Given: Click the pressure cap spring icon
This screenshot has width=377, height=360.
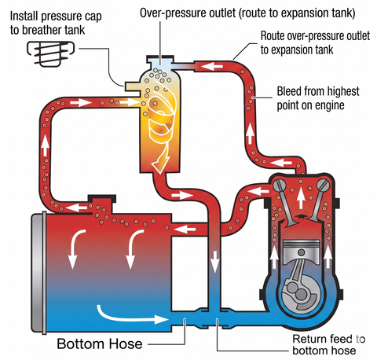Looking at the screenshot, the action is (51, 53).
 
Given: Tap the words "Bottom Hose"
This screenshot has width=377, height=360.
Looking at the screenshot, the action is (100, 343).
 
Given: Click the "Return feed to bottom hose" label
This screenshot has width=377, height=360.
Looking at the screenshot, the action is (329, 344).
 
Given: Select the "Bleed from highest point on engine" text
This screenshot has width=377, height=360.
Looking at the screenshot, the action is (318, 98).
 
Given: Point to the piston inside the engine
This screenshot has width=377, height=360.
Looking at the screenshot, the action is (302, 250).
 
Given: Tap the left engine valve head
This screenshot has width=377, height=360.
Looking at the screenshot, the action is (280, 186).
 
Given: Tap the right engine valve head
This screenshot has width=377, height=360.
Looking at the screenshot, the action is (323, 186).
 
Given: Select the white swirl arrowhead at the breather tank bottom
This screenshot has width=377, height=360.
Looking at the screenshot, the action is (159, 163).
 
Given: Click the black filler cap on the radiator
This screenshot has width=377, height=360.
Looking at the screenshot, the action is (102, 198).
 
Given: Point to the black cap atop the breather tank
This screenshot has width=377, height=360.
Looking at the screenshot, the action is (160, 59).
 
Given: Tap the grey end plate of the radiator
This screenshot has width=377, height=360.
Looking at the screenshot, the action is (38, 273).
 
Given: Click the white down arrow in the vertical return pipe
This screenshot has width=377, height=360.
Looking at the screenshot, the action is (214, 262).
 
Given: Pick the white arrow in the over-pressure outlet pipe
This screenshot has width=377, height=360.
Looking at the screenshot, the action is (212, 66).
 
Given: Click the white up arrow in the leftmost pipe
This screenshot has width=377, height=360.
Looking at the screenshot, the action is (46, 145).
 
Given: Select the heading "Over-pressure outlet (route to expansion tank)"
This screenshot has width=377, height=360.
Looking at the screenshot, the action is (247, 13).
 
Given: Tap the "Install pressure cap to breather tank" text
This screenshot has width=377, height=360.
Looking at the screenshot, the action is (56, 23).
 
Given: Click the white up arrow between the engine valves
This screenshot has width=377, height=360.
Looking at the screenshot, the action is (301, 198).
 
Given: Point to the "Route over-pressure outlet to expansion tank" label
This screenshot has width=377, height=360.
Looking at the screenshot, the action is (315, 42).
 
